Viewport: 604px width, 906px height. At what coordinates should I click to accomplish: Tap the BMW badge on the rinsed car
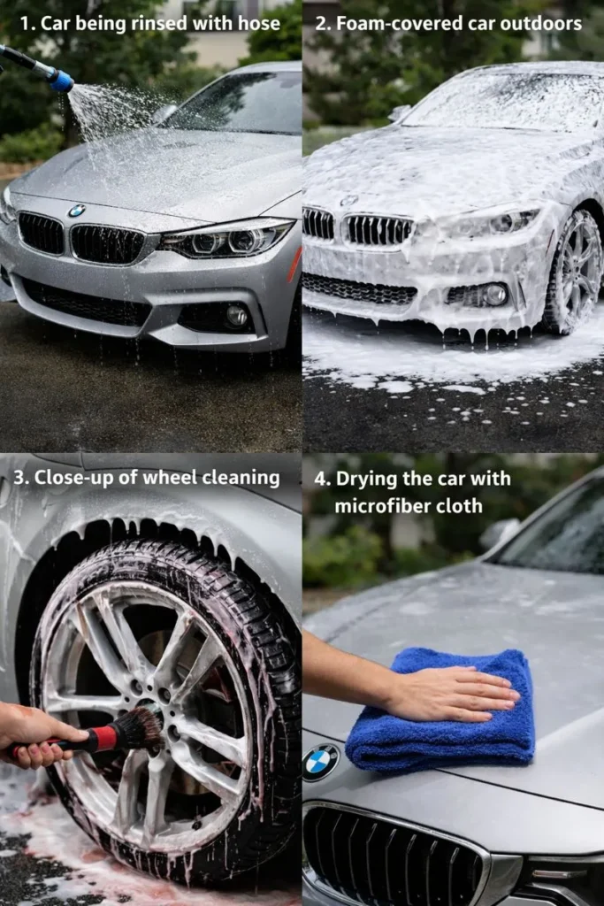pos(77,211)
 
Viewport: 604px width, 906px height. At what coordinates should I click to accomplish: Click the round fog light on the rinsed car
pos(236,315)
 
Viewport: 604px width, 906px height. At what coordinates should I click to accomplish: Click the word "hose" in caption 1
pos(259,24)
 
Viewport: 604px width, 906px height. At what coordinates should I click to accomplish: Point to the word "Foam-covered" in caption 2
pos(388,24)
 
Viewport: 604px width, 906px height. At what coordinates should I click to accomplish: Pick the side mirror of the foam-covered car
pos(401,112)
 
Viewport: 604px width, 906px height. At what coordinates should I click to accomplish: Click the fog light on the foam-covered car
pos(494,294)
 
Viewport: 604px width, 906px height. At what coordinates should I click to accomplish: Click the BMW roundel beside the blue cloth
pos(320,762)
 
